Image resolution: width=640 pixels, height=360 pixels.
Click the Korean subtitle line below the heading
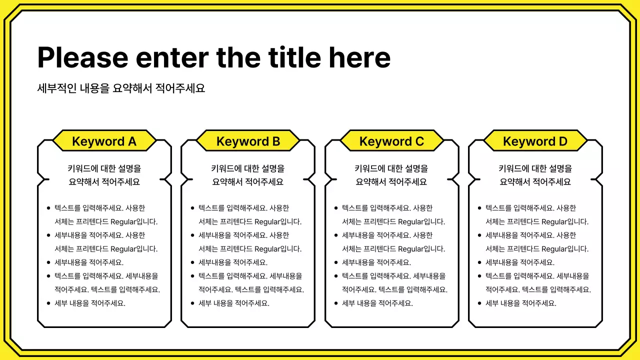click(x=121, y=88)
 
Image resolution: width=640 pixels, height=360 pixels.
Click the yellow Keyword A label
click(x=104, y=141)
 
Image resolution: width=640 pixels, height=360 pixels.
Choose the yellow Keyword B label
click(x=248, y=141)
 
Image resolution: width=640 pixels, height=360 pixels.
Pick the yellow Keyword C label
click(x=391, y=141)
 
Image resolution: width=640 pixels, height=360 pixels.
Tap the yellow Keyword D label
click(x=535, y=141)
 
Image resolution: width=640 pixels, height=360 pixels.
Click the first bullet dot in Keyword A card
click(x=48, y=208)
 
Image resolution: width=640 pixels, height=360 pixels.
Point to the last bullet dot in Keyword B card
click(x=192, y=303)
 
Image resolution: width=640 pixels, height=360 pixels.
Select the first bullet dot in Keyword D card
click(x=479, y=208)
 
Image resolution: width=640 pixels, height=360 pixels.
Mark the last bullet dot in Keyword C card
click(x=336, y=303)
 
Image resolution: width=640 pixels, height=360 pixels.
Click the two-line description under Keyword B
click(x=248, y=175)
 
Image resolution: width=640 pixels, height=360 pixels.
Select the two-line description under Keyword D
click(x=535, y=175)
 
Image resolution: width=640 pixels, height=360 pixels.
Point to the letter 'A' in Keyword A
click(x=131, y=141)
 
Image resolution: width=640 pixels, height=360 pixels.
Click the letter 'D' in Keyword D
click(x=562, y=141)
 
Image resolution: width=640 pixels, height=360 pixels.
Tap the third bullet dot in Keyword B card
click(x=192, y=262)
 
